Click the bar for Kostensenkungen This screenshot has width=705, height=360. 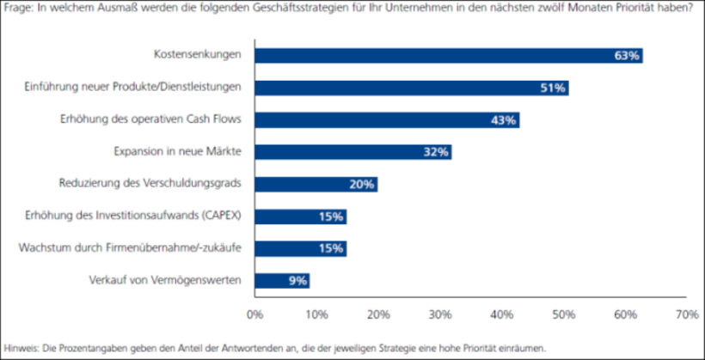tap(447, 56)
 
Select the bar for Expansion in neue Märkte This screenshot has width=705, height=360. tap(352, 152)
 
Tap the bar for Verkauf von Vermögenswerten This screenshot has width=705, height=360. tap(281, 280)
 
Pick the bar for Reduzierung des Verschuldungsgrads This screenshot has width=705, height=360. tap(316, 184)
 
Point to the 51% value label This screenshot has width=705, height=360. tap(552, 88)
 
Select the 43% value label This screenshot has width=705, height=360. tap(503, 120)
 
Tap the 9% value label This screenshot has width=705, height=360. tap(297, 280)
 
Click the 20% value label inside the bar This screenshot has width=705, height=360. tap(361, 184)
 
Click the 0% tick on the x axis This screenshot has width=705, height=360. tap(254, 315)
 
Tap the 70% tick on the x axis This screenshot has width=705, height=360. tap(686, 315)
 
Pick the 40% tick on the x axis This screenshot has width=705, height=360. tap(501, 315)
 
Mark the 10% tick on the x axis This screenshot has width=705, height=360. tap(316, 315)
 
